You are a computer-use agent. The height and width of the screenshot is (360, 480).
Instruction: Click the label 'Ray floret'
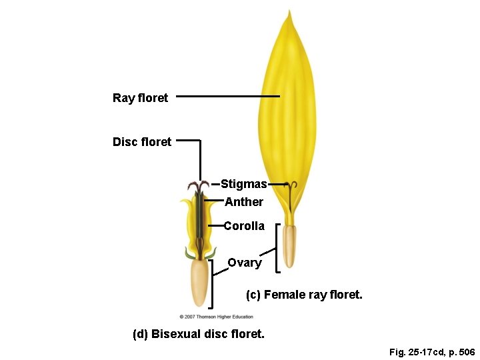140,98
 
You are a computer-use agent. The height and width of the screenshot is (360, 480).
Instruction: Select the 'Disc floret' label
142,141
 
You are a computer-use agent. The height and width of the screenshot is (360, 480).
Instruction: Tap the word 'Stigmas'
243,183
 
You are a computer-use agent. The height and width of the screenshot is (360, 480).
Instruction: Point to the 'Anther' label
244,201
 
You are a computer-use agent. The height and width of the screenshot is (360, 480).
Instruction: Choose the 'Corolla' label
244,226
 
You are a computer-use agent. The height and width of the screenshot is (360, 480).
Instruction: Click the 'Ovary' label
245,263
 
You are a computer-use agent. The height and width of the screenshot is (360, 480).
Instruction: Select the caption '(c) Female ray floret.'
304,294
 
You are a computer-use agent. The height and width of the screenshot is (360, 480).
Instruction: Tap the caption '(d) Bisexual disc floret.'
199,334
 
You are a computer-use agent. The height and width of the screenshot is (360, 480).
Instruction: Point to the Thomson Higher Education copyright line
216,317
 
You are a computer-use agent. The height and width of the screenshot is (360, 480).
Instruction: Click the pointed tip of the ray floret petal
289,13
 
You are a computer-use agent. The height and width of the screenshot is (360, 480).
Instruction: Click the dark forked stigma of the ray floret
290,190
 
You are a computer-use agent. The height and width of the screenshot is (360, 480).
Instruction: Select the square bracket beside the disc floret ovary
211,284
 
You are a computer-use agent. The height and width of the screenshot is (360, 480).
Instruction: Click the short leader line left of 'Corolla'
215,226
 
